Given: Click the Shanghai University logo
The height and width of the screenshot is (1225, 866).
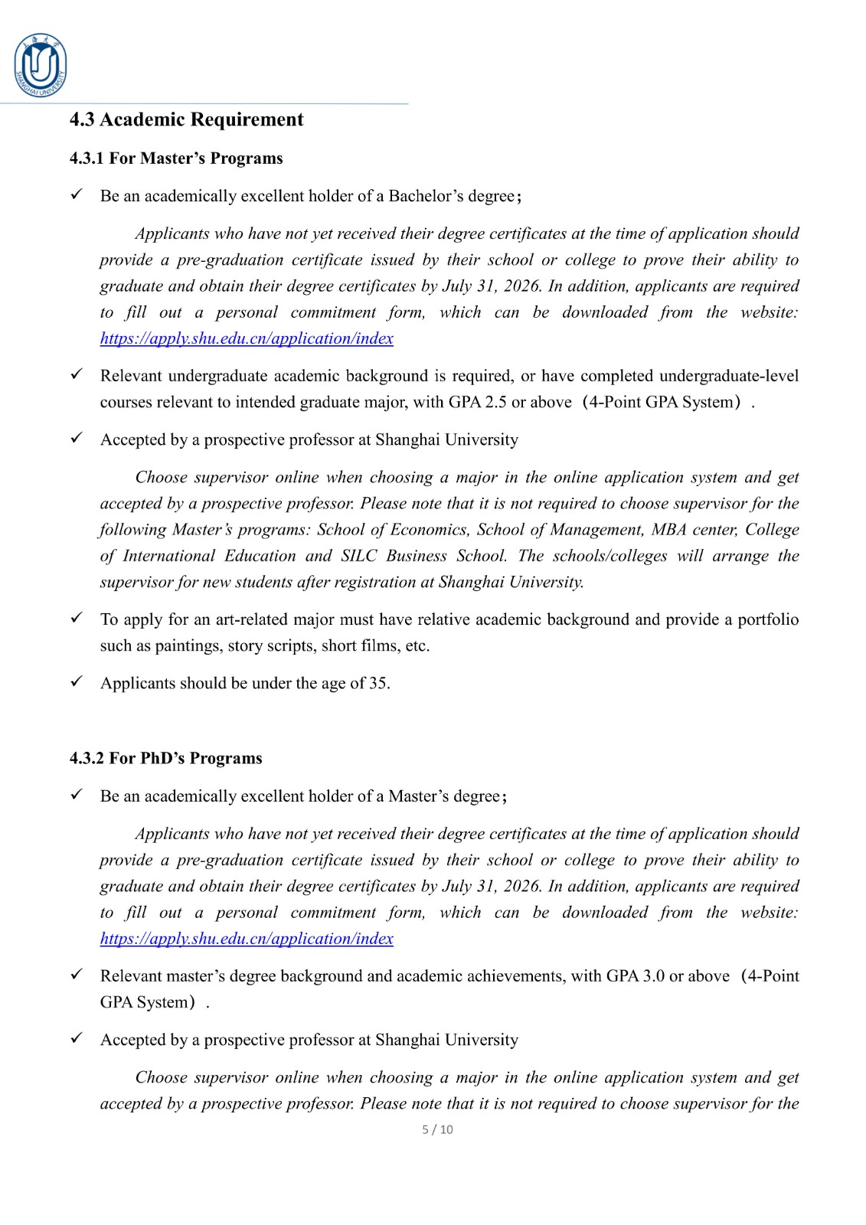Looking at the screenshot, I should click(41, 66).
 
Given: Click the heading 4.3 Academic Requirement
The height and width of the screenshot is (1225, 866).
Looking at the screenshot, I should click(186, 119).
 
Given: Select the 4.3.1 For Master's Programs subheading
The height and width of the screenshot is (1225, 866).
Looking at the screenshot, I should click(176, 158).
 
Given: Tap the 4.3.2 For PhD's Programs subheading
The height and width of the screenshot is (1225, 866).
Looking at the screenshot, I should click(165, 759).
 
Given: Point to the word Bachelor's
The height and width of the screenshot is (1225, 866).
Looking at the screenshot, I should click(426, 196).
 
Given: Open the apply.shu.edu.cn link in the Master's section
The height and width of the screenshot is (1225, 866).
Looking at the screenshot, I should click(247, 338).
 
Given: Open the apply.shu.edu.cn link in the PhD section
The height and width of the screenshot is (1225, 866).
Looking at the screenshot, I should click(247, 939).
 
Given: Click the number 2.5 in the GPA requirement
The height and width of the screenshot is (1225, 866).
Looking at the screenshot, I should click(495, 402).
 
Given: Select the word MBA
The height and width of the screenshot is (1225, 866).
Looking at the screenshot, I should click(668, 530).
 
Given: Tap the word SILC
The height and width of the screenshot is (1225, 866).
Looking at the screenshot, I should click(359, 556).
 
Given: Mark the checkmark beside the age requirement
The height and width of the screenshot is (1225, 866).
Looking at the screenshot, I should click(77, 681).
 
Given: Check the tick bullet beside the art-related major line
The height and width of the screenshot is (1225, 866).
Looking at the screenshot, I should click(77, 618).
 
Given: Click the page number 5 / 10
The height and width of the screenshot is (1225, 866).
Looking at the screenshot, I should click(437, 1129).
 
